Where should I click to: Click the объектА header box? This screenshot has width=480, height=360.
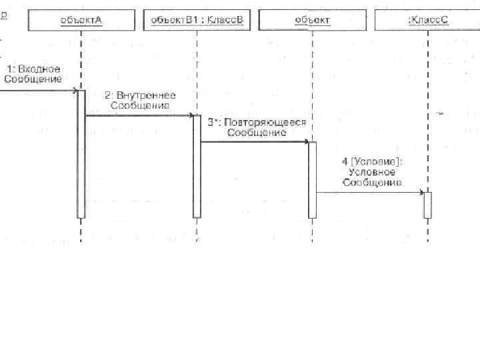[81, 20]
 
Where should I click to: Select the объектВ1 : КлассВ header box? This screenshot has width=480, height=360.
[196, 20]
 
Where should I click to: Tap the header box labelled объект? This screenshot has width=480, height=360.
[311, 20]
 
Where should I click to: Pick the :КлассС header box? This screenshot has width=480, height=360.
[427, 20]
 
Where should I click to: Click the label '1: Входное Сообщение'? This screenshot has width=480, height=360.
[33, 74]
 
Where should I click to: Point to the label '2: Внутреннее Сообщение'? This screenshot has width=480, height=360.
[140, 101]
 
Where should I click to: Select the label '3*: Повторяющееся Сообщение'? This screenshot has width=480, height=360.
[257, 127]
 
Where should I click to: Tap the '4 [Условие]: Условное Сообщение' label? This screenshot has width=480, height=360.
[372, 171]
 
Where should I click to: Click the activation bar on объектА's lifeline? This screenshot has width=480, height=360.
[81, 153]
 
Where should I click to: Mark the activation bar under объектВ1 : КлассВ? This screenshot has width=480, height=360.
[197, 167]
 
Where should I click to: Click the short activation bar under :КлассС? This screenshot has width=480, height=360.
[427, 205]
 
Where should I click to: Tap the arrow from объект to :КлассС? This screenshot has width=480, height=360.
[370, 193]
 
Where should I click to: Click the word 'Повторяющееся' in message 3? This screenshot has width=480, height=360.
[265, 123]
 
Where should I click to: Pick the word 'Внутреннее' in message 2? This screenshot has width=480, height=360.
[147, 96]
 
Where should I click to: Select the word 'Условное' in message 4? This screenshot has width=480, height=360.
[372, 171]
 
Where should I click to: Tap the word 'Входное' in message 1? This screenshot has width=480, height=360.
[39, 69]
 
